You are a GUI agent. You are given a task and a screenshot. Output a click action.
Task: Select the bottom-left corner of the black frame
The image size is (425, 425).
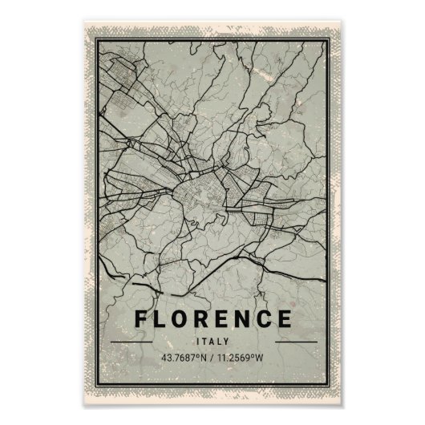pos(97,381)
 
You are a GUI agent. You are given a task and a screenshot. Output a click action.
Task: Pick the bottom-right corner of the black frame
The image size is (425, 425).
pos(329,381)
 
